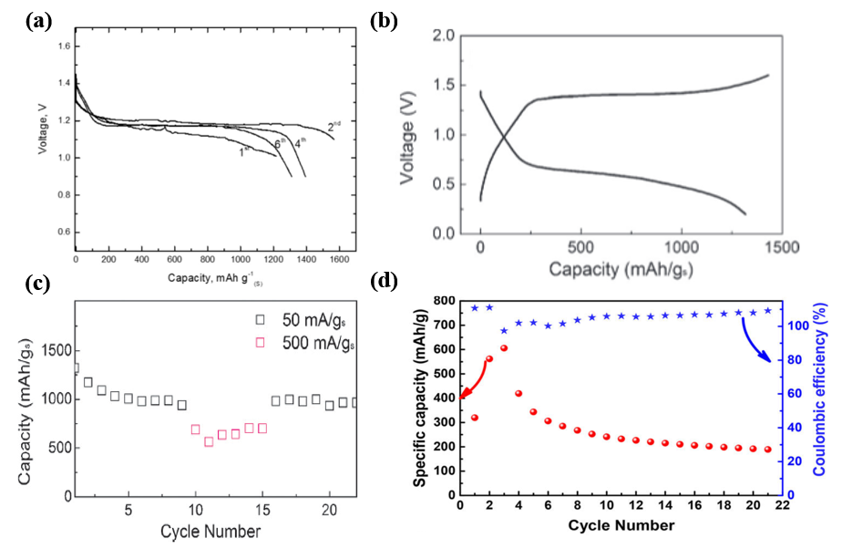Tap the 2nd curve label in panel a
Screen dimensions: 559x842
(x=334, y=123)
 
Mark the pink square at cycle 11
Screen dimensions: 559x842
(x=209, y=441)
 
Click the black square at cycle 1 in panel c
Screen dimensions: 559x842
(x=75, y=368)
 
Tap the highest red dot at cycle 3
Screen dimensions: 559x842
(x=504, y=347)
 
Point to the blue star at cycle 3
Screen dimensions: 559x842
(x=504, y=330)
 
